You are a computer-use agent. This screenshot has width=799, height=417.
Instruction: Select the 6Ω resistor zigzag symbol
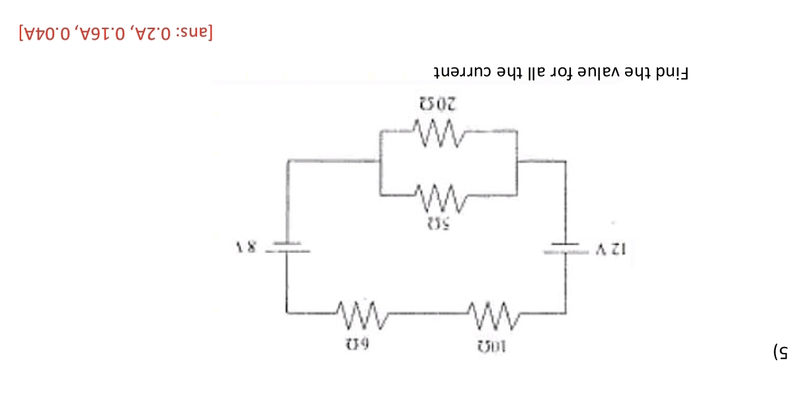tap(359, 313)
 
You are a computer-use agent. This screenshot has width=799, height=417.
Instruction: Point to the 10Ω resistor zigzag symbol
tap(489, 313)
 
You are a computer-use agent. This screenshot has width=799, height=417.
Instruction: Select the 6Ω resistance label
tap(359, 344)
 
